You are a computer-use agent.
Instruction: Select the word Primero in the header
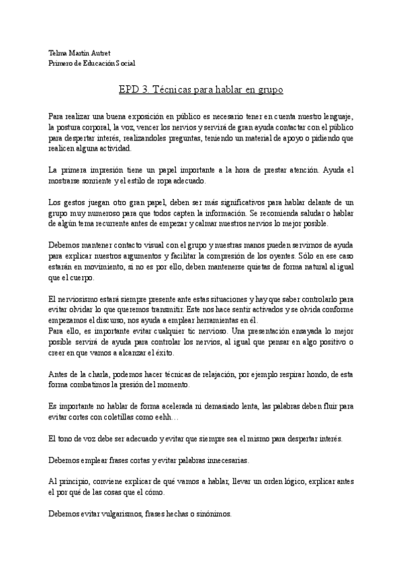(x=62, y=63)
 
